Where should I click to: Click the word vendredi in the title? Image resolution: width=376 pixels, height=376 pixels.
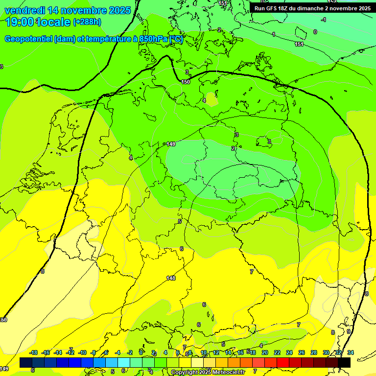point(24,10)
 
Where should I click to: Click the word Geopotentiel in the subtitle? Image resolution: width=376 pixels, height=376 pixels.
point(28,39)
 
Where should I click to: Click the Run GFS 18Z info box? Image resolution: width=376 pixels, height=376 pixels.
point(312,8)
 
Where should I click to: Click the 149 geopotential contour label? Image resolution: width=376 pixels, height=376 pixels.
point(171,144)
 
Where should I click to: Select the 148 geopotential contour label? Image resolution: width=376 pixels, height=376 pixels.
point(171,278)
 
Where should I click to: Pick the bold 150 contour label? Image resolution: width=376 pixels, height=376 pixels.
point(186,82)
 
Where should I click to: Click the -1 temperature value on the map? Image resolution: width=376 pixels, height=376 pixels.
point(324,20)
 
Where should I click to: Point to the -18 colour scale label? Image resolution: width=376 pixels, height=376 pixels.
point(34,352)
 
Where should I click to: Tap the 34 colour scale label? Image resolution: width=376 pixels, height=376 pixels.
point(351,352)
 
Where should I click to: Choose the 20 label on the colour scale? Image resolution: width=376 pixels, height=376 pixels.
point(265,352)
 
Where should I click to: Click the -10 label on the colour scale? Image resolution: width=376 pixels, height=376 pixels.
point(83,352)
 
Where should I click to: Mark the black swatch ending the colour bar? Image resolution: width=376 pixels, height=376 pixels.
point(344,362)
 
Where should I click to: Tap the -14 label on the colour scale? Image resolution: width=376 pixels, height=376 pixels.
point(58,352)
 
